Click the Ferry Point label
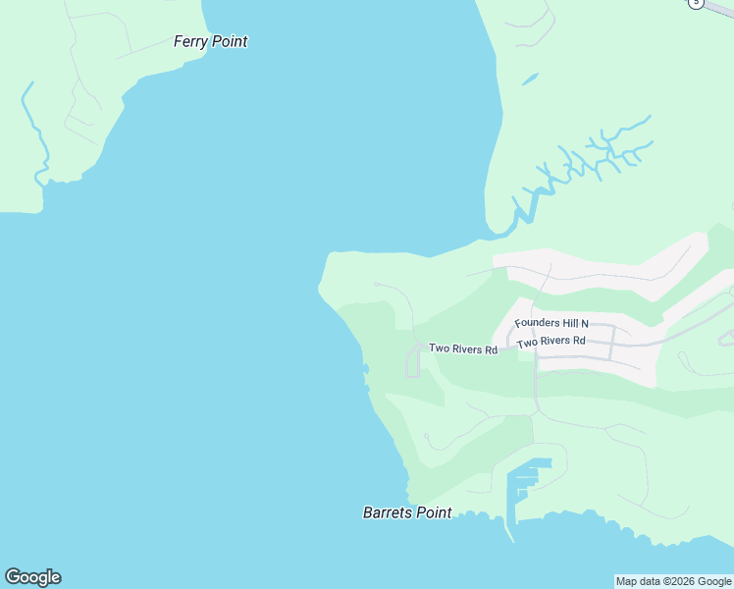tap(210, 42)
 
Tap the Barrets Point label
tap(407, 512)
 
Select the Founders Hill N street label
tap(551, 323)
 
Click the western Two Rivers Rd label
tap(462, 348)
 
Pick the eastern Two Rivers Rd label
tap(550, 342)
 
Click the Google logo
tap(32, 577)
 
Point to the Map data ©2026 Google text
tap(673, 581)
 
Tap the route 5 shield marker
tap(696, 3)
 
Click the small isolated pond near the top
tap(530, 78)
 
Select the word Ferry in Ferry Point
tap(191, 42)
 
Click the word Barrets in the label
tap(387, 512)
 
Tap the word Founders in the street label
tap(537, 323)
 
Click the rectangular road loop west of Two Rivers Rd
tap(412, 362)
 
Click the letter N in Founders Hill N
tap(584, 323)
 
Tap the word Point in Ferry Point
tap(230, 42)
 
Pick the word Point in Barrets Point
tap(433, 512)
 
